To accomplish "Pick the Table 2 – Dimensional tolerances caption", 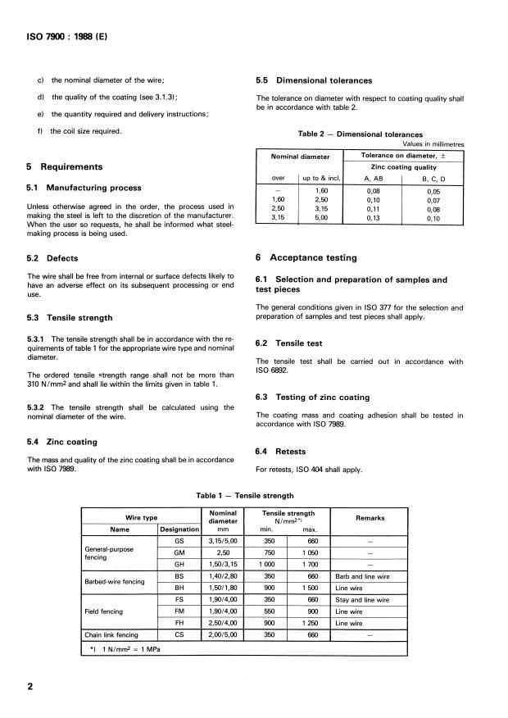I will [361, 134].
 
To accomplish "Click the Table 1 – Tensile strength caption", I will [245, 496].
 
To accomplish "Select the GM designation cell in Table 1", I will [179, 554].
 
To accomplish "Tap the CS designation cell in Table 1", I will [179, 634].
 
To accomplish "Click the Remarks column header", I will [370, 518].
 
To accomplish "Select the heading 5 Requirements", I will [65, 167].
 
